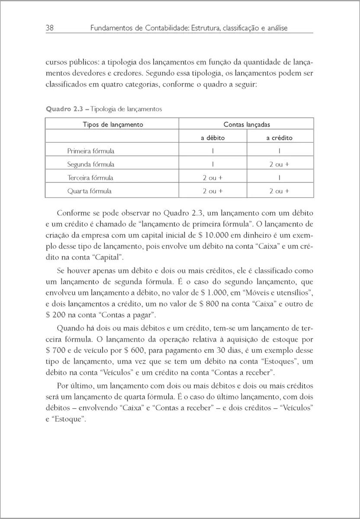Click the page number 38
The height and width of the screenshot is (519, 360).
click(49, 28)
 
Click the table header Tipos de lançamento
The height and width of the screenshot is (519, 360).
click(112, 125)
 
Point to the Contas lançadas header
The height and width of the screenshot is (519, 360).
click(247, 125)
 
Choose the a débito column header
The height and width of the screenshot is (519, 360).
click(212, 138)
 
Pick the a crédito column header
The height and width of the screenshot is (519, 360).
click(279, 138)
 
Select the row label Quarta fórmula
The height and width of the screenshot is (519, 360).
click(90, 191)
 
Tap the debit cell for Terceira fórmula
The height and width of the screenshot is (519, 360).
click(212, 178)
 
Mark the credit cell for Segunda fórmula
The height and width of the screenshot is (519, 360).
click(279, 164)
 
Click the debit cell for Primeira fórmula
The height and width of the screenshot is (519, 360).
click(213, 151)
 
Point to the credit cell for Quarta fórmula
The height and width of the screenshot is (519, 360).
click(279, 191)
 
